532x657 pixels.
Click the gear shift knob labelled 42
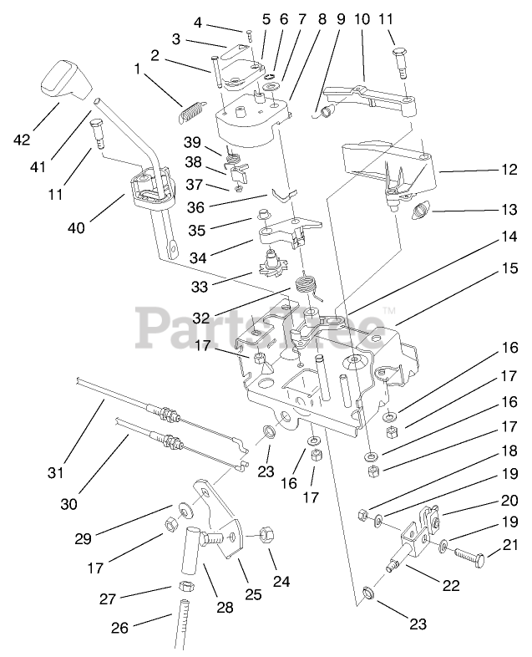coord(63,78)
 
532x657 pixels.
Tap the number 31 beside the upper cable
coord(56,472)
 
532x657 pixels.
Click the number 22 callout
coord(452,585)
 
